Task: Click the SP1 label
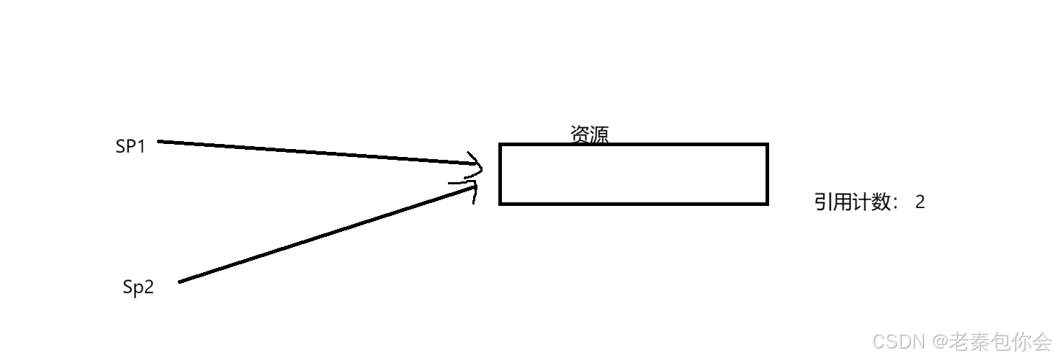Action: coord(130,147)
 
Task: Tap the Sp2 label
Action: coord(138,288)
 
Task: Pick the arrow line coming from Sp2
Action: coord(324,235)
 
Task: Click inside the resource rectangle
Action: coord(634,174)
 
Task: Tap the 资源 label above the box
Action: coord(589,135)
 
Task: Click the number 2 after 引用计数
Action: coord(920,202)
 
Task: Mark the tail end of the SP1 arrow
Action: coord(160,141)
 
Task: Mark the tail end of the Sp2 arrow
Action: coord(180,281)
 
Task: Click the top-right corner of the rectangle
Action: coord(767,145)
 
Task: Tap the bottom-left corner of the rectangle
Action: coord(500,204)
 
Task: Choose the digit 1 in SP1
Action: coord(141,147)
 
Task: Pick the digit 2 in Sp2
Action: coord(148,288)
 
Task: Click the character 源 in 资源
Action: coord(599,135)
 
